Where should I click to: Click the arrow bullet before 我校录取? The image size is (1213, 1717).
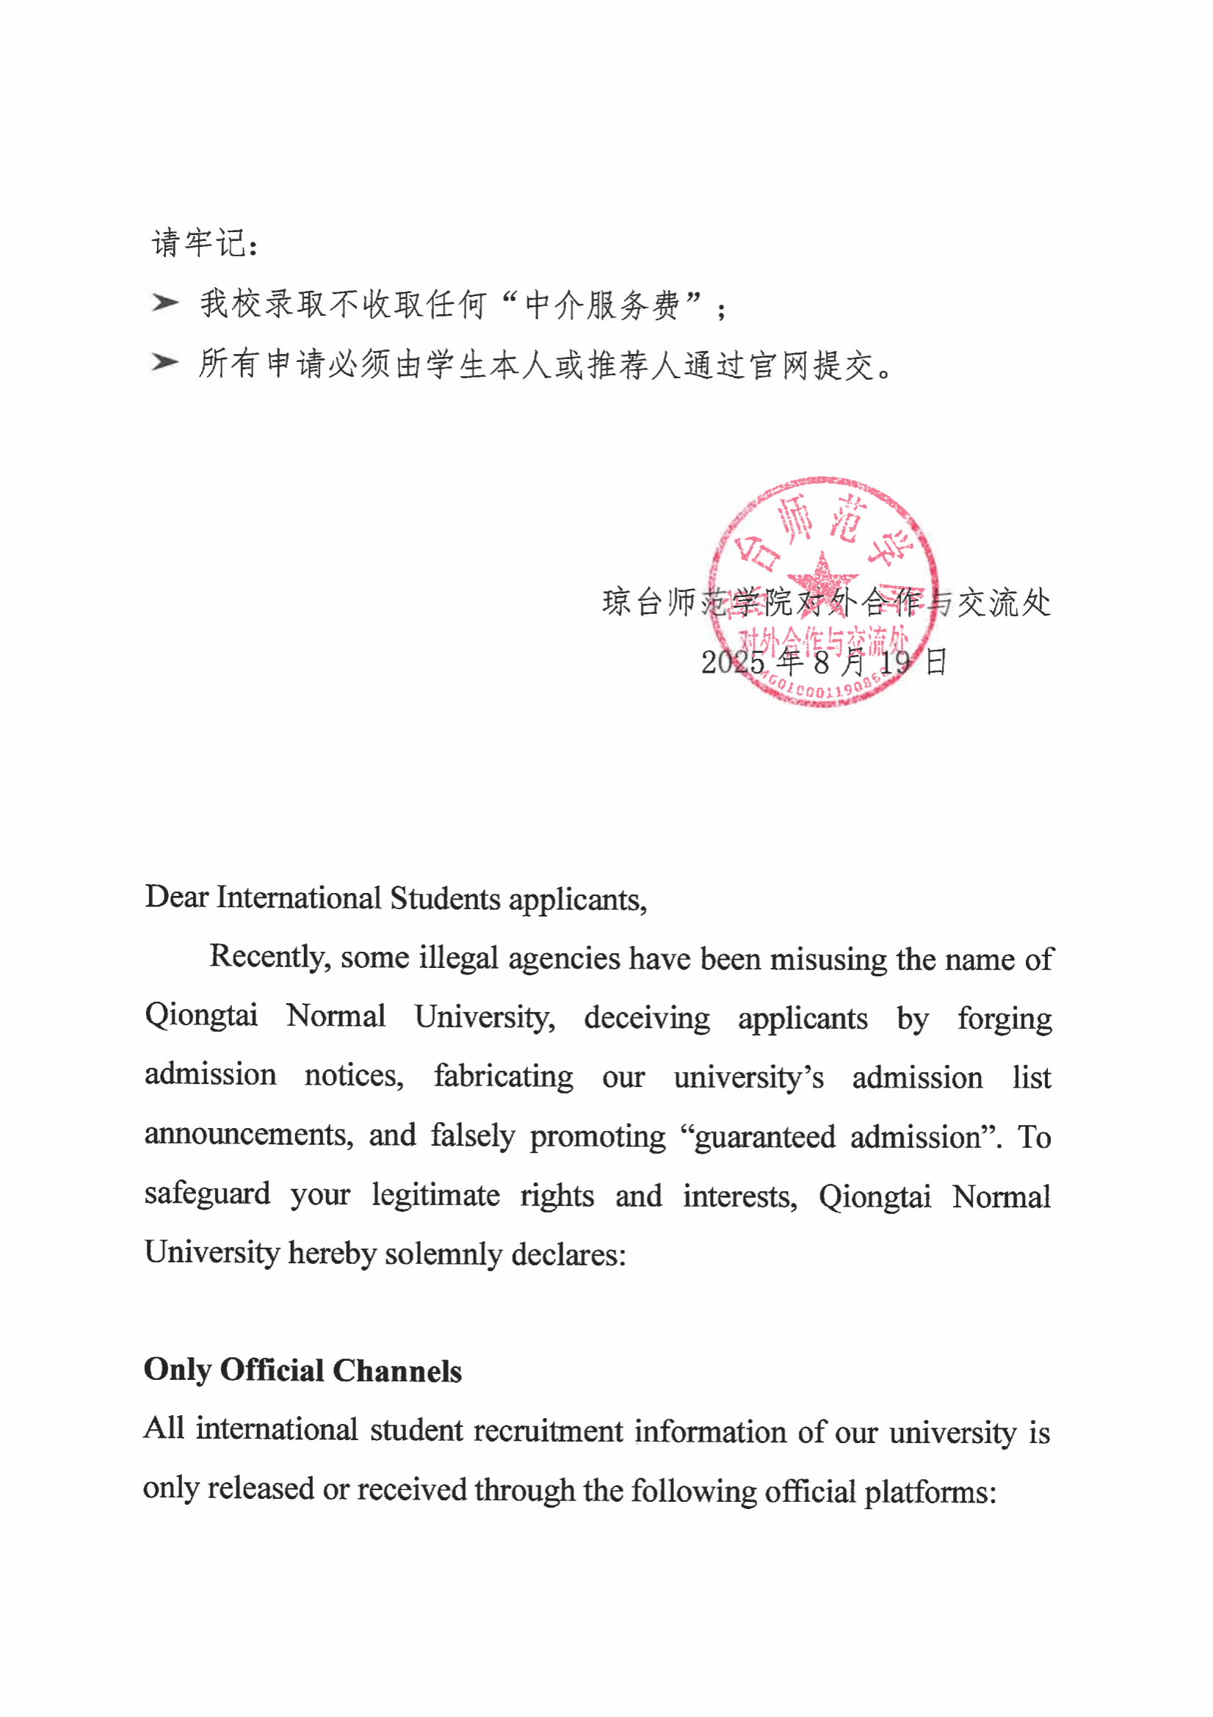[164, 303]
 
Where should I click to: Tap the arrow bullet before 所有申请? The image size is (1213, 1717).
[164, 363]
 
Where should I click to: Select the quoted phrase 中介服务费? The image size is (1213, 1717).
[602, 304]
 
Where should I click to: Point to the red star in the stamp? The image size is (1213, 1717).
[822, 577]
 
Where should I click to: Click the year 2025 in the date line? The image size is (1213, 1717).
[733, 662]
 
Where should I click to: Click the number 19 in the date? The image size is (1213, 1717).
[894, 662]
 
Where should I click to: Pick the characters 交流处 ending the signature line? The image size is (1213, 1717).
[1004, 603]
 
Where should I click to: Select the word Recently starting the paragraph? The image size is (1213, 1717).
[269, 957]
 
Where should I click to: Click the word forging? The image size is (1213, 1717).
[1004, 1019]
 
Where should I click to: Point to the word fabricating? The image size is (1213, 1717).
[503, 1077]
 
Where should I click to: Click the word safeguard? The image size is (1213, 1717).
[207, 1194]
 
